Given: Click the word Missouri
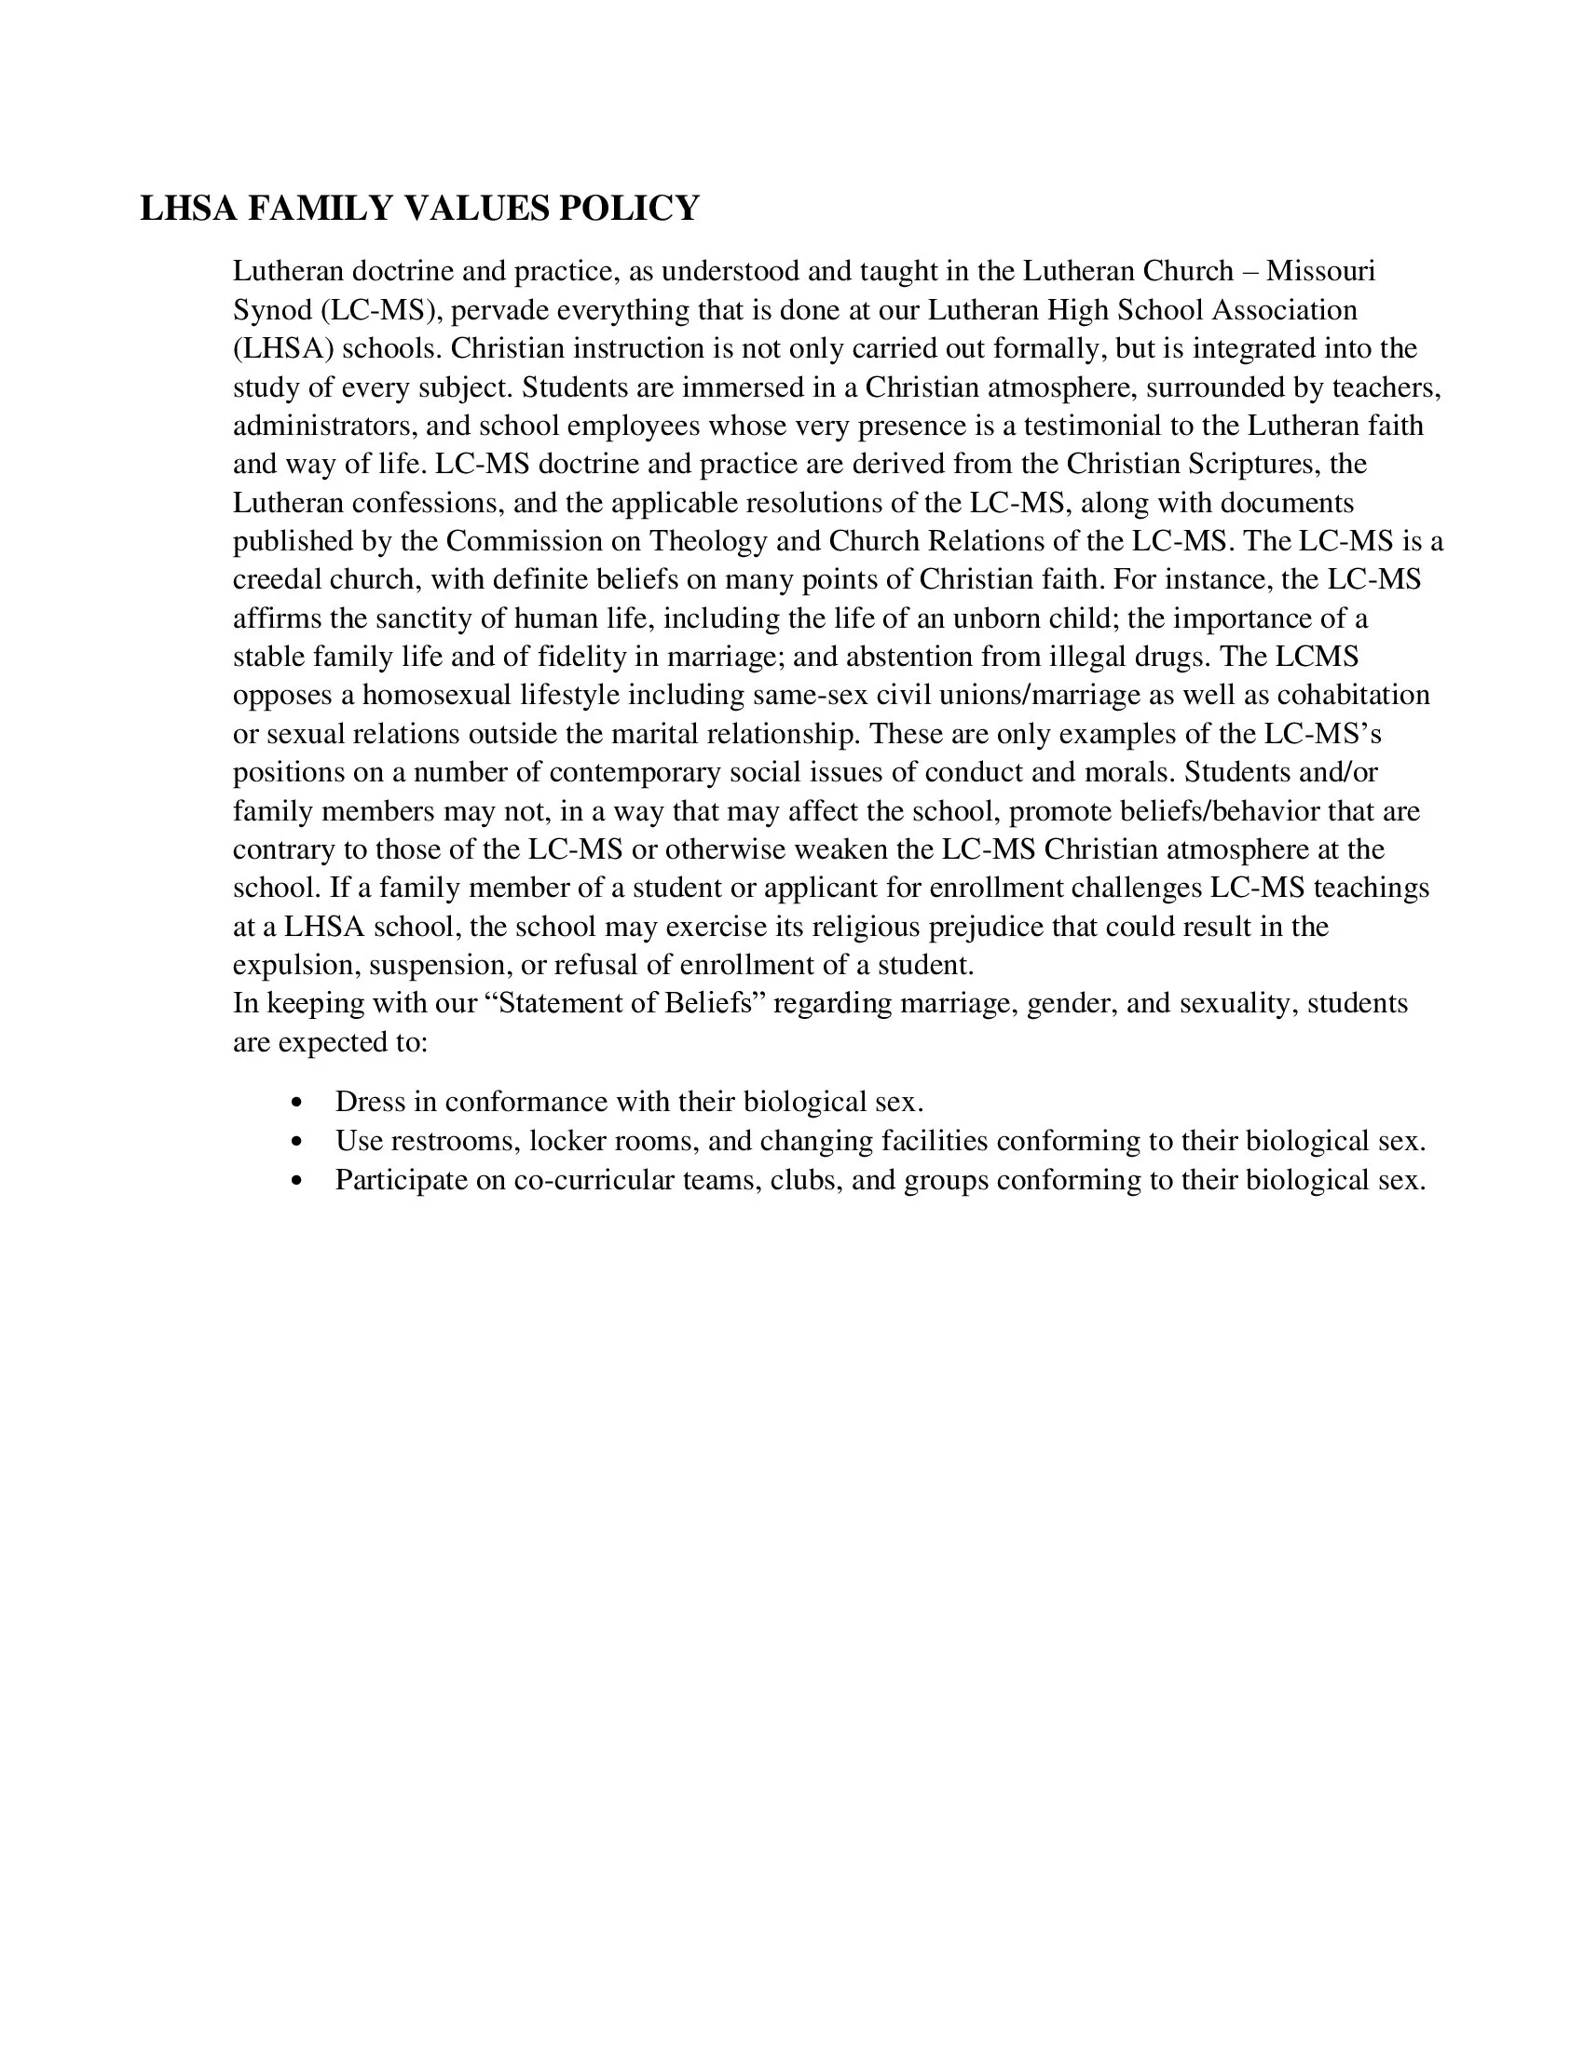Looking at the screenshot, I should click(1320, 271).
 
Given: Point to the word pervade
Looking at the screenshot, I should click(498, 309).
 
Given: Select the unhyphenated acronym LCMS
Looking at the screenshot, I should click(1317, 657).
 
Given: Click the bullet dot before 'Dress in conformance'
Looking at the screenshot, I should click(297, 1103).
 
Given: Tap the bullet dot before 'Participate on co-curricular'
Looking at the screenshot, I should click(297, 1180).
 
